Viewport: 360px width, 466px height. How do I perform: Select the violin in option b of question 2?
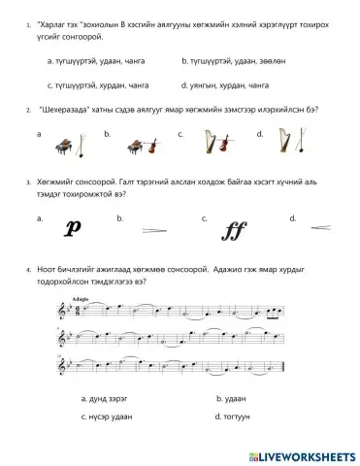point(151,145)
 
